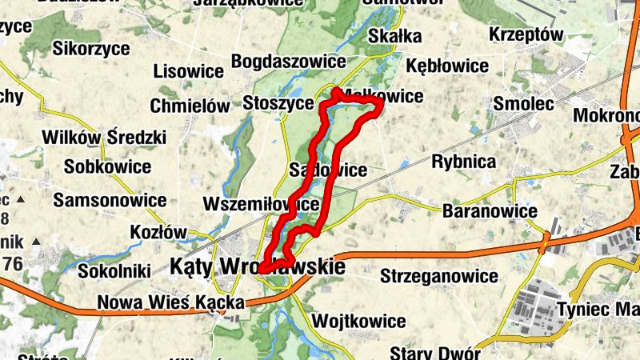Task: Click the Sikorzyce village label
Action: (x=90, y=48)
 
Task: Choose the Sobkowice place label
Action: (x=108, y=167)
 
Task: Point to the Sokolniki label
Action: (x=114, y=271)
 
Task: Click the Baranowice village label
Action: (x=490, y=211)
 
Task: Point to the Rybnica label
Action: (x=464, y=162)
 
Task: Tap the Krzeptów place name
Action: (x=527, y=35)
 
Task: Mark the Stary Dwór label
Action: (x=435, y=353)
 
